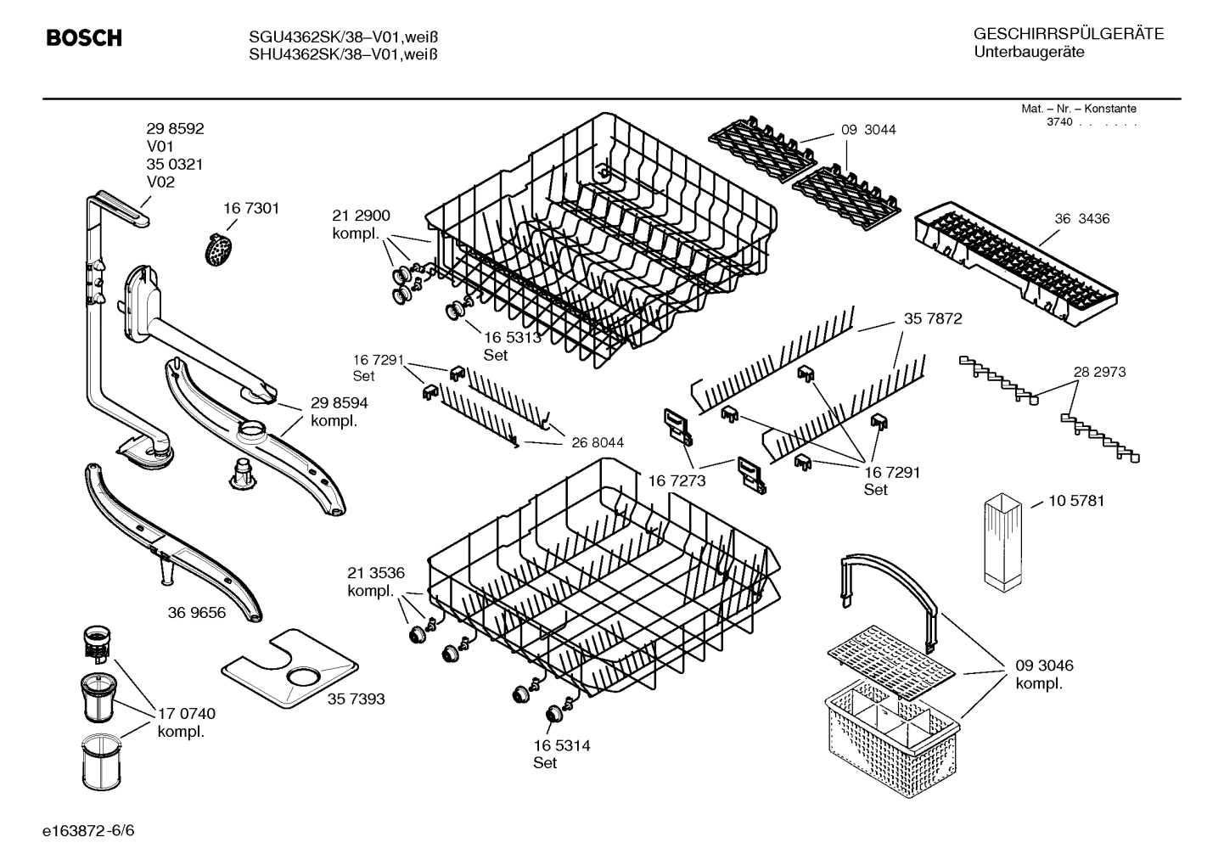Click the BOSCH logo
[83, 38]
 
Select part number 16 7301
[251, 208]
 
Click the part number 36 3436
[1081, 218]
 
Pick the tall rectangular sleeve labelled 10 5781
[1005, 543]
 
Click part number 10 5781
[1076, 501]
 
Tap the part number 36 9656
[197, 612]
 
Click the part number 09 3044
[868, 130]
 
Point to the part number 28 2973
[1099, 372]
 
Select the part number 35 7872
[933, 318]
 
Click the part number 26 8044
[598, 442]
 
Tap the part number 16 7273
[677, 481]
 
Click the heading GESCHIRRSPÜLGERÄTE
[1068, 34]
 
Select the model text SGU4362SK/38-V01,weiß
[343, 37]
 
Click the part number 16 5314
[561, 745]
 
